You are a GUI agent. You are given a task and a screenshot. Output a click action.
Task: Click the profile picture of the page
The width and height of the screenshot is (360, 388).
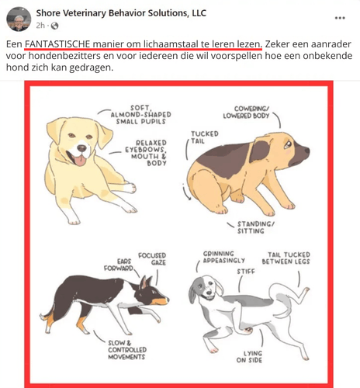pos(19,19)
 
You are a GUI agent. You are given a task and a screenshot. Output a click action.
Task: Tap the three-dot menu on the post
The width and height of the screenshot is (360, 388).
pos(340,18)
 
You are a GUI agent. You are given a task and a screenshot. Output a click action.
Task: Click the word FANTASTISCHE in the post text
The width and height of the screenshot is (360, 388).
pos(57,44)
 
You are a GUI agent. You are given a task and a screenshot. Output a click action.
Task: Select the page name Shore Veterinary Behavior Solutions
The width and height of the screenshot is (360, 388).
pos(121,13)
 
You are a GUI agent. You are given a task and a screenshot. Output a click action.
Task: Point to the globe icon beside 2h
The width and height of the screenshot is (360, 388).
pos(54,26)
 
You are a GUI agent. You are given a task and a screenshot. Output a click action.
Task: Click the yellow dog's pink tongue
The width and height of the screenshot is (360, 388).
pos(80,161)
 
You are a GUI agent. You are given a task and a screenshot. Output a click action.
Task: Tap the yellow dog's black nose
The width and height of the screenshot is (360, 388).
pos(82,148)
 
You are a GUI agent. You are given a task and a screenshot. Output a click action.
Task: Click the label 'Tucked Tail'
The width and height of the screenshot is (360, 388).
pos(205,137)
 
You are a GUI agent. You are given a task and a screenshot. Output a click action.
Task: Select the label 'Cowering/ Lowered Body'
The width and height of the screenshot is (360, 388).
pos(246,113)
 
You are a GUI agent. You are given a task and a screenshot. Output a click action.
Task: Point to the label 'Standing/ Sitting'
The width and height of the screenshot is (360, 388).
pos(255,227)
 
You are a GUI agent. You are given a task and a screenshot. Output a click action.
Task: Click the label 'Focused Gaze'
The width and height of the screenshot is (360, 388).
pos(152,259)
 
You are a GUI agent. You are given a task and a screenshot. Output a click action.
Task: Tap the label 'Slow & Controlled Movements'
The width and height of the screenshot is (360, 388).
pos(127,350)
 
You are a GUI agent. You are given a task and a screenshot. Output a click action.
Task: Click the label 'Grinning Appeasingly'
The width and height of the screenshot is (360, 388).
pos(223,257)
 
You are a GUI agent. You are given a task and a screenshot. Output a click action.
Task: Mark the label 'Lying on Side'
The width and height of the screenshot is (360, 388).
pos(249,357)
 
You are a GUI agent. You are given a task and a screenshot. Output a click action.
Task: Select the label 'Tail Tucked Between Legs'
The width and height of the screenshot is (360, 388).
pos(286,258)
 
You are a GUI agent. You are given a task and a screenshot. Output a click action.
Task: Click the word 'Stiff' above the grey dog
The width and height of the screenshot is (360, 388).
pos(246,272)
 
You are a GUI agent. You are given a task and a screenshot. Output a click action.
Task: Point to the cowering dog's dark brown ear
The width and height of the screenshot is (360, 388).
pos(259,151)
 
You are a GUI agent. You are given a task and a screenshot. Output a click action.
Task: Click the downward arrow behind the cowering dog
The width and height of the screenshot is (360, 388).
pos(186,192)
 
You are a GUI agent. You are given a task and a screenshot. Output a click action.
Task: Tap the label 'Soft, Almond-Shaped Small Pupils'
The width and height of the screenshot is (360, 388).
pos(141,115)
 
